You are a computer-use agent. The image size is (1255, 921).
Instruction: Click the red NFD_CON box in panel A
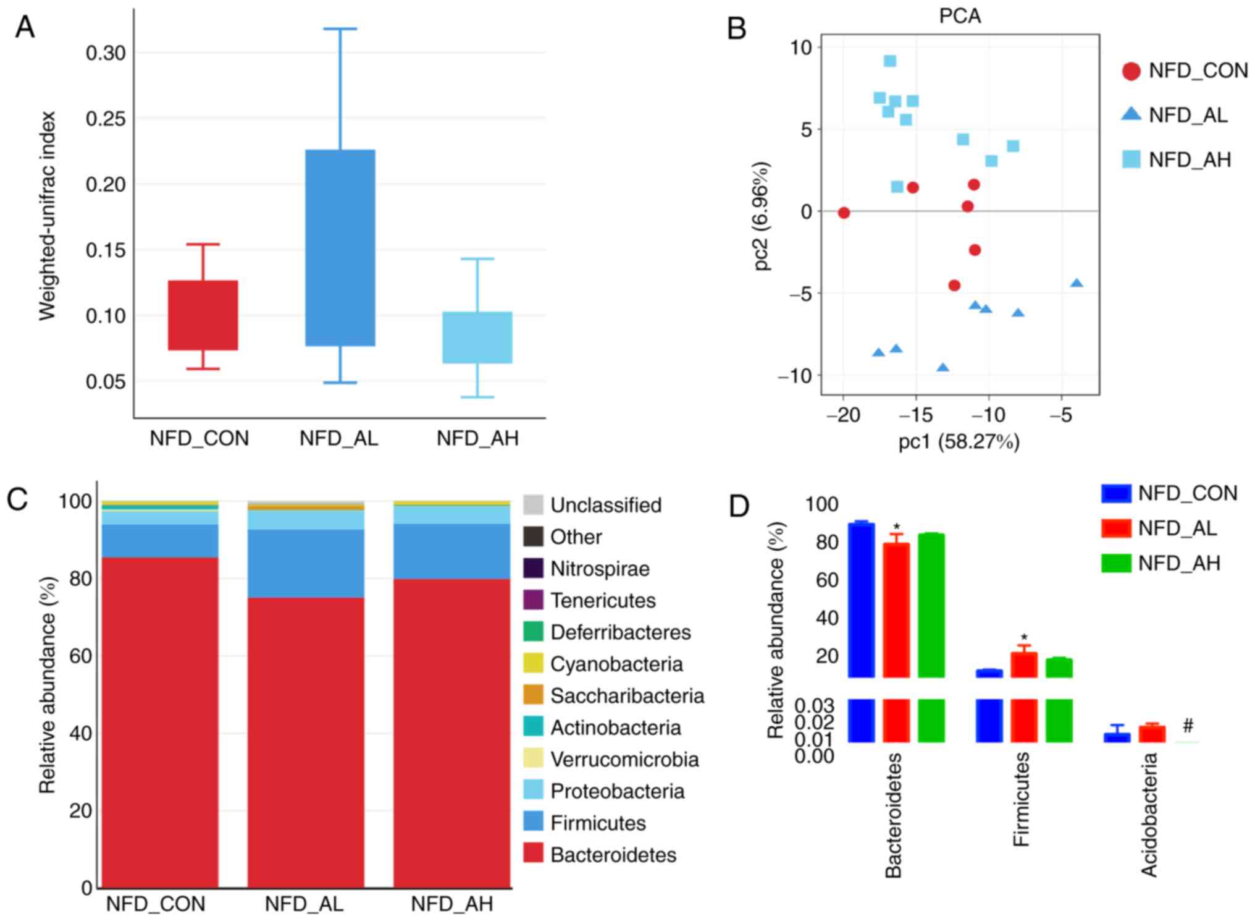(x=203, y=315)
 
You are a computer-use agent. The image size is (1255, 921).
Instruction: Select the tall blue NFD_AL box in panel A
(x=340, y=247)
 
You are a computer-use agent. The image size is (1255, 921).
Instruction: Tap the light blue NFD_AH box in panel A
(x=477, y=337)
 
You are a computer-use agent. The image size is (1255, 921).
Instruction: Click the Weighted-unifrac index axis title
(x=47, y=216)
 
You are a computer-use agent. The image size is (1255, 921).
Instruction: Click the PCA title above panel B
(x=959, y=15)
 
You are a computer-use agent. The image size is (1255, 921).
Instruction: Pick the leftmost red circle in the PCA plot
(x=844, y=213)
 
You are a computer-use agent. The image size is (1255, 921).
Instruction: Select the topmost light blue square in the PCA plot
(x=890, y=61)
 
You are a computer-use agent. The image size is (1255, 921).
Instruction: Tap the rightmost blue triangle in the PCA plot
(x=1077, y=283)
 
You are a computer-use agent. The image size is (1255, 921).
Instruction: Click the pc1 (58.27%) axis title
(x=959, y=442)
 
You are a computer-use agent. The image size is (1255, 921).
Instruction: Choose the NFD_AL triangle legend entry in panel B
(x=1173, y=115)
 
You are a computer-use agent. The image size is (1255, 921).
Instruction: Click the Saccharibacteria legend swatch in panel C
(x=533, y=695)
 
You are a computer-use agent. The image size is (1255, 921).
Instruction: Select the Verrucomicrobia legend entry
(x=624, y=759)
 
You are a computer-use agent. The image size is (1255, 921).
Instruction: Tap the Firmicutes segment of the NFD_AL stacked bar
(x=306, y=563)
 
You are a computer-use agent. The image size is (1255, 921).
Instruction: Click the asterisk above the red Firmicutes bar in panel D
(x=1024, y=637)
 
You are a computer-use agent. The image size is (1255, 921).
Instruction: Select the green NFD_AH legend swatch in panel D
(x=1115, y=563)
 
